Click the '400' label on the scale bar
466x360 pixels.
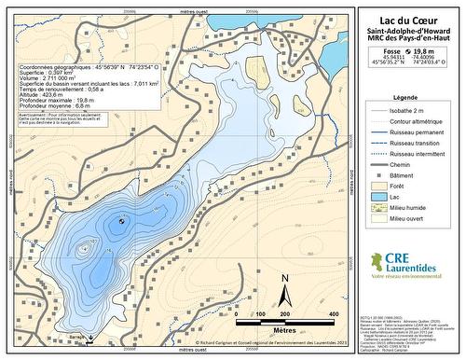pyautogui.click(x=335, y=314)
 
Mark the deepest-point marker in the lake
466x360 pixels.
pyautogui.click(x=122, y=221)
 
